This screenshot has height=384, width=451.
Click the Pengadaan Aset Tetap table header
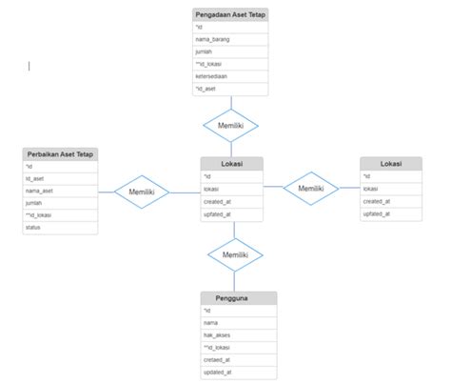coord(229,14)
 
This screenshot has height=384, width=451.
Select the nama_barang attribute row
coord(229,39)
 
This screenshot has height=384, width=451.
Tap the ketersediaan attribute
coord(229,76)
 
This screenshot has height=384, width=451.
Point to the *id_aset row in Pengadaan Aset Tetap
coord(229,89)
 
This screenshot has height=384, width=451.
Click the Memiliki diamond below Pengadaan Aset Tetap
coord(230,125)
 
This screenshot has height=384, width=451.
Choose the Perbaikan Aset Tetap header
coord(60,153)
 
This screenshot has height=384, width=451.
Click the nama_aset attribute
coord(60,191)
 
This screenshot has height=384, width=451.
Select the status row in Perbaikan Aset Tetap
coord(60,228)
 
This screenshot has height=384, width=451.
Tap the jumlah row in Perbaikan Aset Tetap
coord(60,203)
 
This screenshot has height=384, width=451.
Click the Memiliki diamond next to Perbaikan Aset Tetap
coord(142,192)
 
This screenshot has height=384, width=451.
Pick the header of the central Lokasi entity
coord(231,164)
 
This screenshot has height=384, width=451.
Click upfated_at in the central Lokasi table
coord(231,213)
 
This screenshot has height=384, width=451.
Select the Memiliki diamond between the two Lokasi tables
coord(310,188)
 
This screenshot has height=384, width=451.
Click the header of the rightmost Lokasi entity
coord(390,164)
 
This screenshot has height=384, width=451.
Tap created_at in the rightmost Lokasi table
coord(390,201)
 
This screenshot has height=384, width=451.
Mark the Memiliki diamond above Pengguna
coord(235,254)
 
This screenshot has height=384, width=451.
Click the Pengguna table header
coord(238,298)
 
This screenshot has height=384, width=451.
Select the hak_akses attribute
coord(238,335)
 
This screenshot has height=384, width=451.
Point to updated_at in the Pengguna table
coord(238,373)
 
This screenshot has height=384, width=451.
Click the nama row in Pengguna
coord(238,323)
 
